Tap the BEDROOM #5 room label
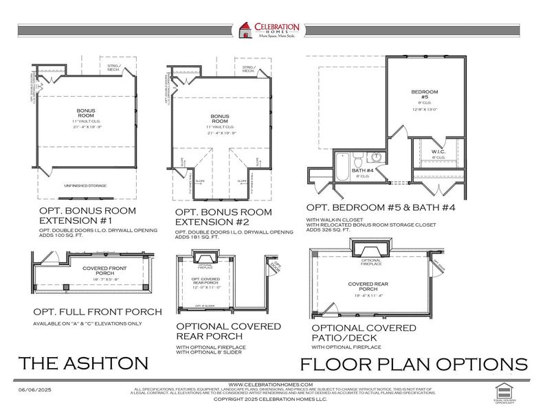(x=420, y=95)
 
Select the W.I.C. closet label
(x=438, y=152)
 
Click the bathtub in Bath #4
(x=342, y=167)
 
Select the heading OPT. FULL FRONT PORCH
(x=96, y=312)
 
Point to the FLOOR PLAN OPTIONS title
(x=414, y=364)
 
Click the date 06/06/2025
(x=34, y=390)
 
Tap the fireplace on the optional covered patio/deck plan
(x=371, y=249)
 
